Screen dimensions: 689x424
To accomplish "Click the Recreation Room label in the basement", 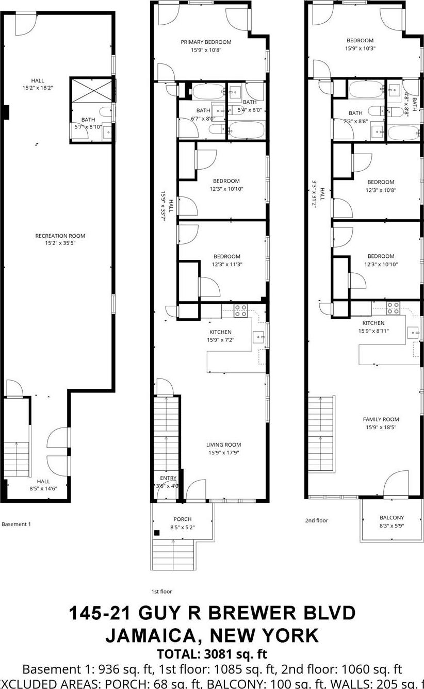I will tap(60, 236).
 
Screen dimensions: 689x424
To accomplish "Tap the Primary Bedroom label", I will tap(206, 42).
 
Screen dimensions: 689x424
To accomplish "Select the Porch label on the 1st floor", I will tap(183, 519).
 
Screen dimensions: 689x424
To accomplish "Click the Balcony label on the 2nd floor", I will tap(392, 517).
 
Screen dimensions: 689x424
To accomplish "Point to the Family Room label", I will tap(381, 419).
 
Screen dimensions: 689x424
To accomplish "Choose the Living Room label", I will tap(223, 445).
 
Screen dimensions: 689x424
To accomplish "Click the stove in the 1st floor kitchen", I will tap(240, 310).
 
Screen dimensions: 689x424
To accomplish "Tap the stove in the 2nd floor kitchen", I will tap(393, 308).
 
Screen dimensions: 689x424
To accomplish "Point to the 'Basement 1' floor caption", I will tap(17, 524).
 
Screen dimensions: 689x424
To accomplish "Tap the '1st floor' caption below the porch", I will tap(161, 592).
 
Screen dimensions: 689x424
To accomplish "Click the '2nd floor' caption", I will tap(316, 520).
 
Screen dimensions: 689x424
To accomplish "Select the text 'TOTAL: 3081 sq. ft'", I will tap(212, 654).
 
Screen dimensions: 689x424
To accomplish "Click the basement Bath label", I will tap(88, 120).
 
